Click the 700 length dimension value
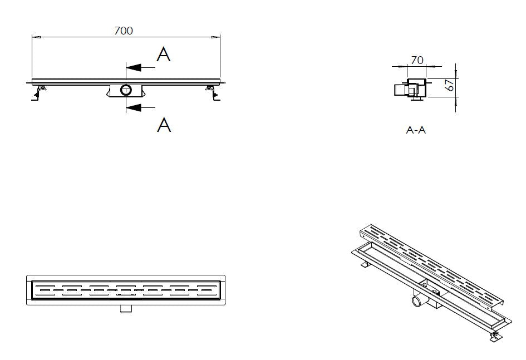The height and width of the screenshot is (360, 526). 124,31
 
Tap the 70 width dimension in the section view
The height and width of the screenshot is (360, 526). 417,60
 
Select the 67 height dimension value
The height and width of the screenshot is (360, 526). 450,85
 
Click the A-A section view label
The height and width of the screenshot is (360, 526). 416,130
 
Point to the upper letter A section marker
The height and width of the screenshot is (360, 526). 164,54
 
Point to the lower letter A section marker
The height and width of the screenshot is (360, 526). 164,124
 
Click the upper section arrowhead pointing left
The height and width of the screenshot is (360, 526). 133,68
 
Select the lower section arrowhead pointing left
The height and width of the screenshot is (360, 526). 133,108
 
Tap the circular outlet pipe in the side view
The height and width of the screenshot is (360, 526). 126,90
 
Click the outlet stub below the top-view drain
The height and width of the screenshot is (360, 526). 126,309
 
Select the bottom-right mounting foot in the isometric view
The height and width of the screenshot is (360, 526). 495,336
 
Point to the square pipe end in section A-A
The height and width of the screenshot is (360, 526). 400,90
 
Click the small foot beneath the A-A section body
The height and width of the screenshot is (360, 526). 417,98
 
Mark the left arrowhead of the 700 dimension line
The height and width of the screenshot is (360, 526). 36,37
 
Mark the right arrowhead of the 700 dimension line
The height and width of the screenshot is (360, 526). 216,37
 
